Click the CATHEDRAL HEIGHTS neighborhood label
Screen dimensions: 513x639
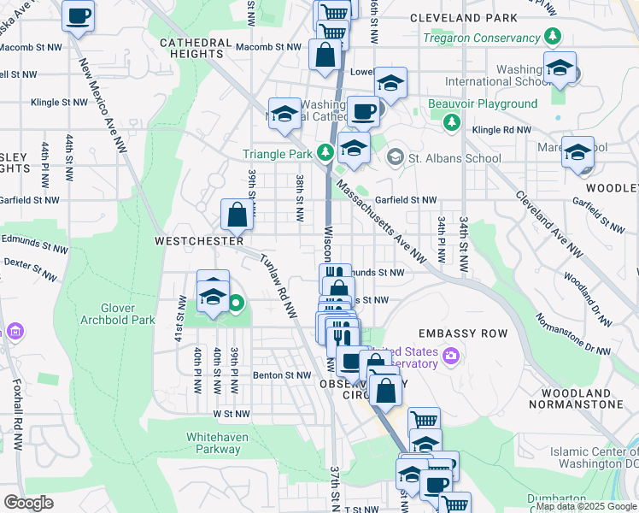[x=196, y=48]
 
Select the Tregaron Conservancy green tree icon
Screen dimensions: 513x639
[x=554, y=38]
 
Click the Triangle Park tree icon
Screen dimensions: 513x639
[x=324, y=153]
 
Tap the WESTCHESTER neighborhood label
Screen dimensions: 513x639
[x=199, y=241]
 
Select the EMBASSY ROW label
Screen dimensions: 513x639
[x=463, y=333]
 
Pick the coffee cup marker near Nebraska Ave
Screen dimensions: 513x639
[x=79, y=16]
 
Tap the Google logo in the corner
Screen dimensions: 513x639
[x=28, y=502]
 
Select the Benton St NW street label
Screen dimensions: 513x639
[x=281, y=374]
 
